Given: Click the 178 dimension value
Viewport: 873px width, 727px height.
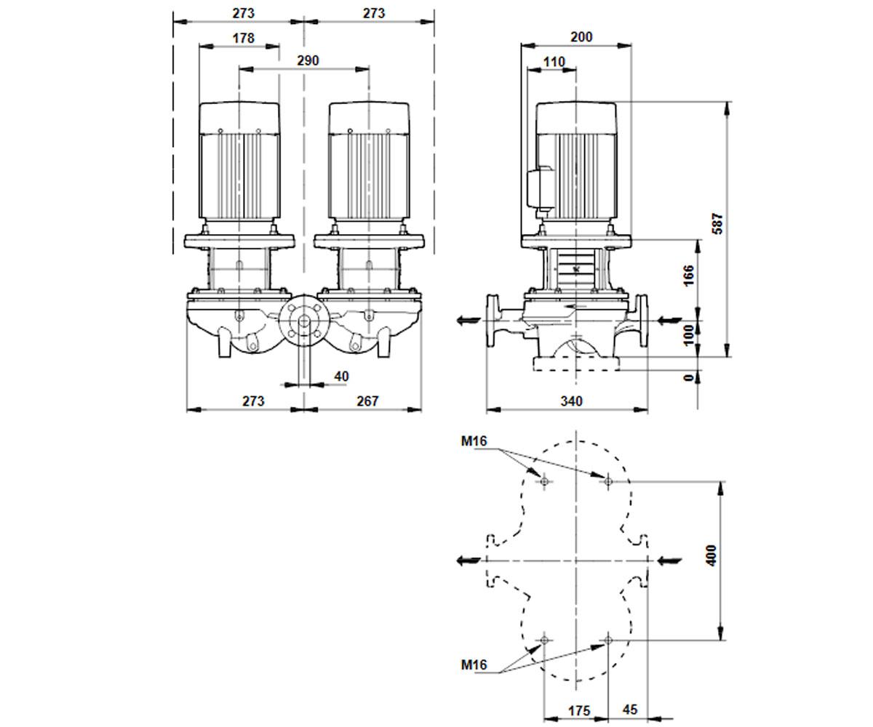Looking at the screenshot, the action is [x=243, y=38].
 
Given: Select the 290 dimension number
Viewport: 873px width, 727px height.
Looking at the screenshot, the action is [x=308, y=60].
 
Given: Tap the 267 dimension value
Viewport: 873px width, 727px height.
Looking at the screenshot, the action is [x=367, y=401].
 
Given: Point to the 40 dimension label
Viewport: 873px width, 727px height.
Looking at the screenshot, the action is [x=341, y=377].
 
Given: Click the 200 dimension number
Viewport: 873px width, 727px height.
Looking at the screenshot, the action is [x=581, y=37].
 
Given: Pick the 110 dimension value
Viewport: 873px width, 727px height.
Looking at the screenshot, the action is [x=554, y=62].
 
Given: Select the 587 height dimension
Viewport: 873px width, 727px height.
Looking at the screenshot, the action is [x=717, y=224].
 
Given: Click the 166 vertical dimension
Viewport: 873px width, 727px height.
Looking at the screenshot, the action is [x=688, y=275].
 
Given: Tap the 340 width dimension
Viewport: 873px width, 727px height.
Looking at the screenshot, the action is [x=571, y=401].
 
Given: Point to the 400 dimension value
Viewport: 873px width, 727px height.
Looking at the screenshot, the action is [x=711, y=555].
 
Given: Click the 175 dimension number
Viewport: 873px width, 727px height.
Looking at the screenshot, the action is [x=579, y=711].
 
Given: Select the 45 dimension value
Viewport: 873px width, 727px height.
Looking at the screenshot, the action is [x=630, y=710].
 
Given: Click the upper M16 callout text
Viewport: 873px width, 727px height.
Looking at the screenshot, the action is [x=474, y=441].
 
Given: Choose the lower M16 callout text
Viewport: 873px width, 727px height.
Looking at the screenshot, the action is [x=474, y=664].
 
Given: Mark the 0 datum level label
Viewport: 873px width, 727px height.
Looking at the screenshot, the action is [x=688, y=378].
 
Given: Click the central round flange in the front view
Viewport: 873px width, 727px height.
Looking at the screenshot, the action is [x=304, y=321].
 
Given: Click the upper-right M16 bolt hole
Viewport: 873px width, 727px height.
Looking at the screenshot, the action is [x=608, y=481].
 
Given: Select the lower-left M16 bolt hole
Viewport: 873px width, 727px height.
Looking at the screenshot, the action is [x=544, y=640].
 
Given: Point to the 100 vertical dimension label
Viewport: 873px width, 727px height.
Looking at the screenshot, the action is [x=688, y=334].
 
